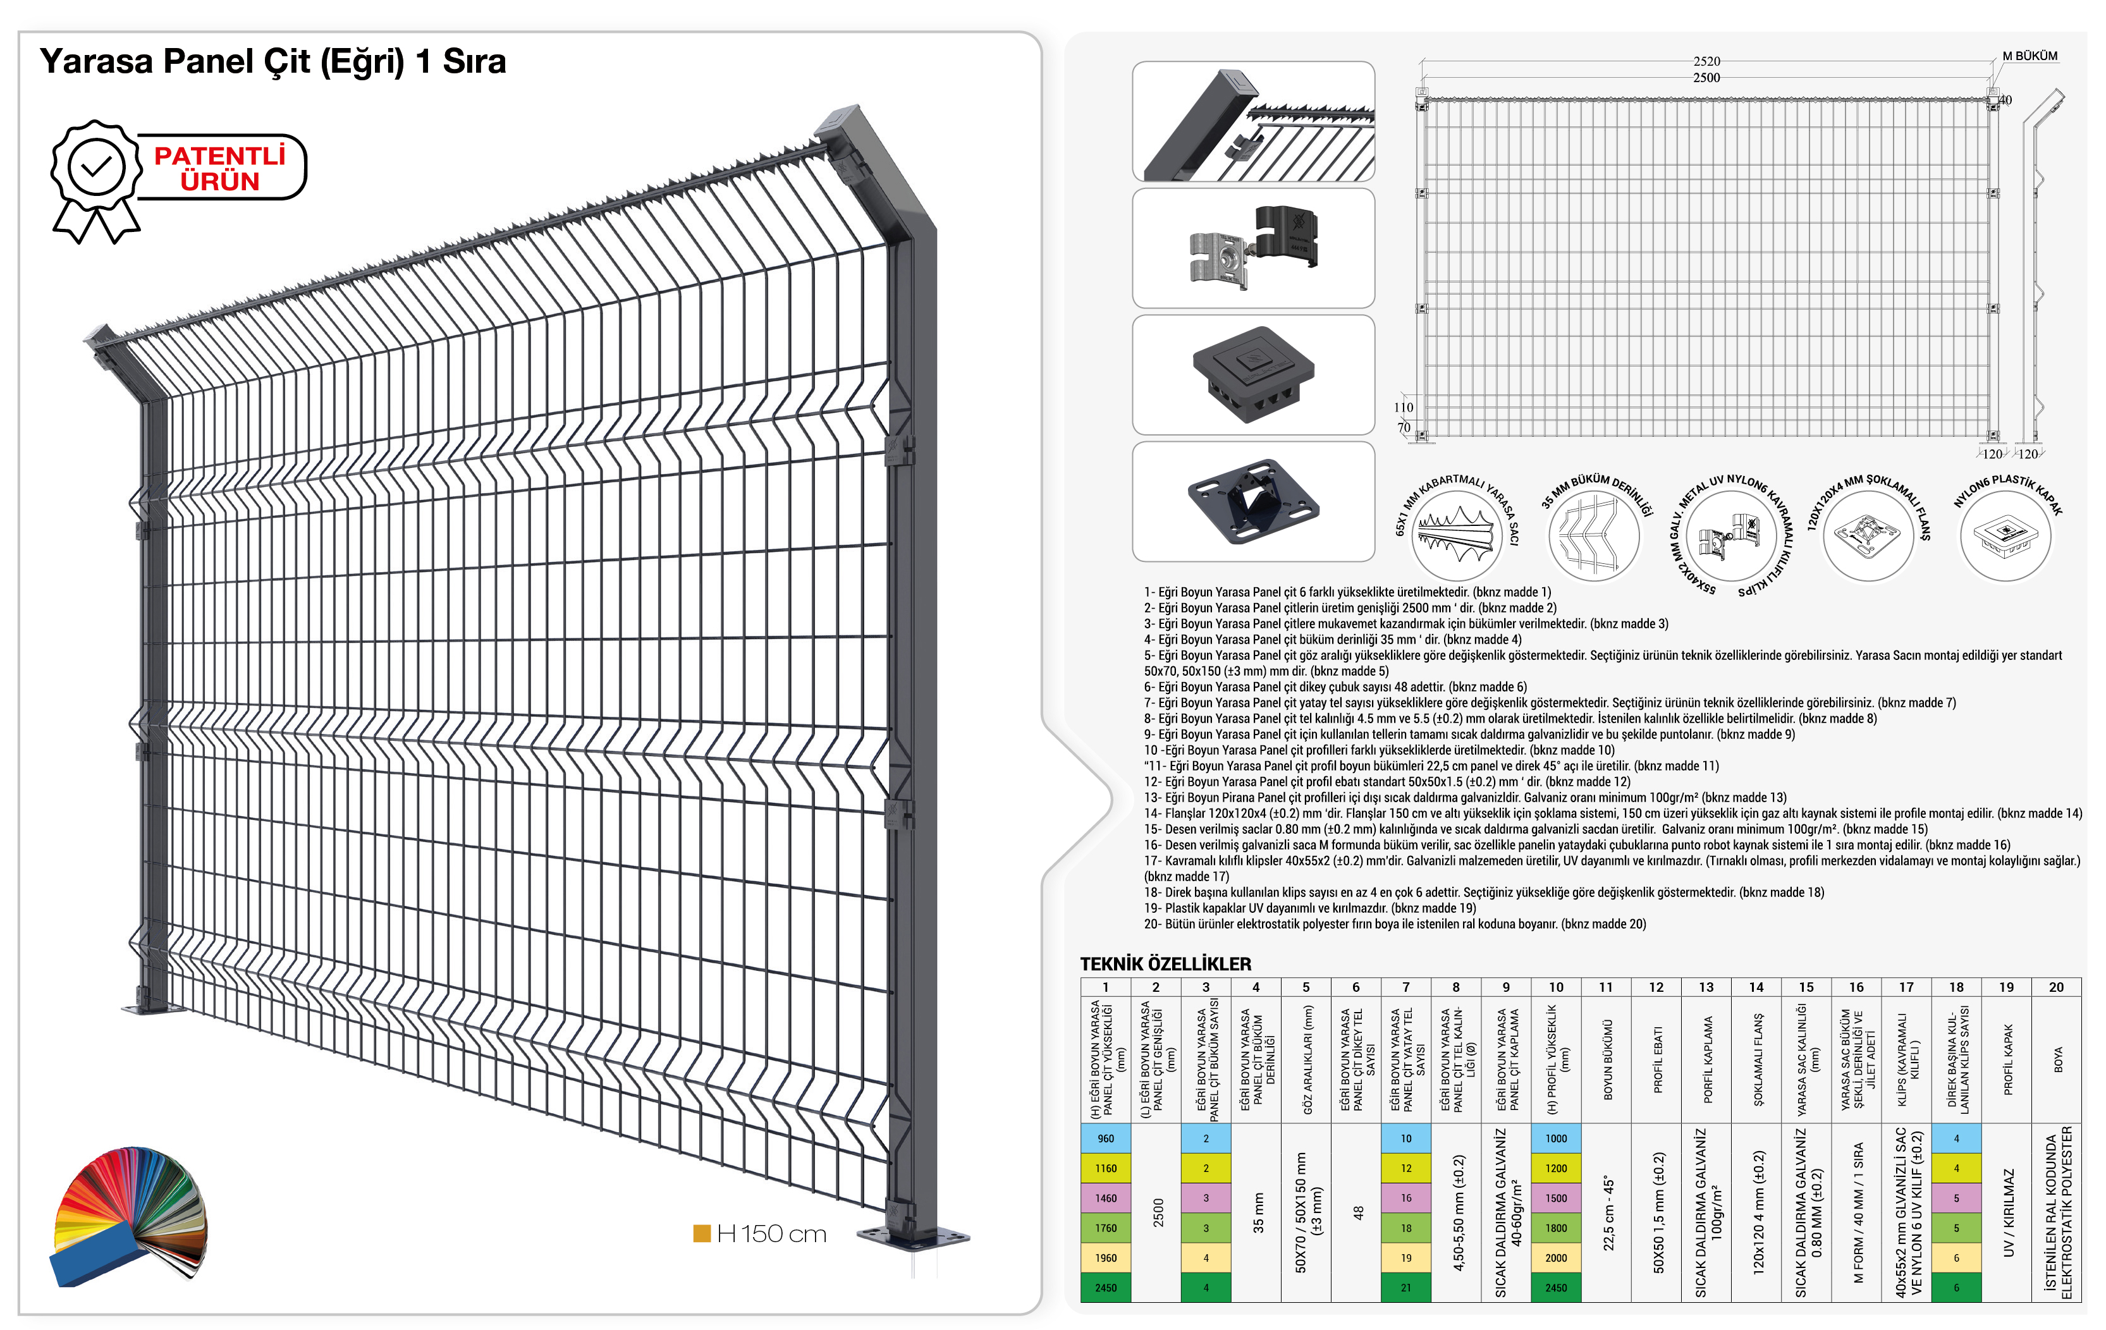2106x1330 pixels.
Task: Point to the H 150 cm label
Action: click(x=771, y=1234)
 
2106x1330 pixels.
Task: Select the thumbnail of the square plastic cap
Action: click(x=1253, y=374)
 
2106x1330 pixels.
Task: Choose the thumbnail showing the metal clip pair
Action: click(x=1253, y=247)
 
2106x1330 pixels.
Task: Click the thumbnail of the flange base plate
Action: click(x=1253, y=501)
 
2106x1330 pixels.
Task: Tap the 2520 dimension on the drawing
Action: click(x=1706, y=61)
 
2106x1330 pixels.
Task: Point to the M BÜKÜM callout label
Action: click(x=2030, y=56)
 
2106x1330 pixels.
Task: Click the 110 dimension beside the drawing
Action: click(x=1403, y=408)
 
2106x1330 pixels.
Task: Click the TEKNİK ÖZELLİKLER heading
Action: click(x=1165, y=963)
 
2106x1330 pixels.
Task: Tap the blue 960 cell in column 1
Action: click(x=1105, y=1138)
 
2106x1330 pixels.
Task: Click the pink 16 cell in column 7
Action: click(x=1405, y=1198)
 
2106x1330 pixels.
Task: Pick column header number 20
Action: click(x=2056, y=987)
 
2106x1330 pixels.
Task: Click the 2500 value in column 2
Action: click(x=1158, y=1212)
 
